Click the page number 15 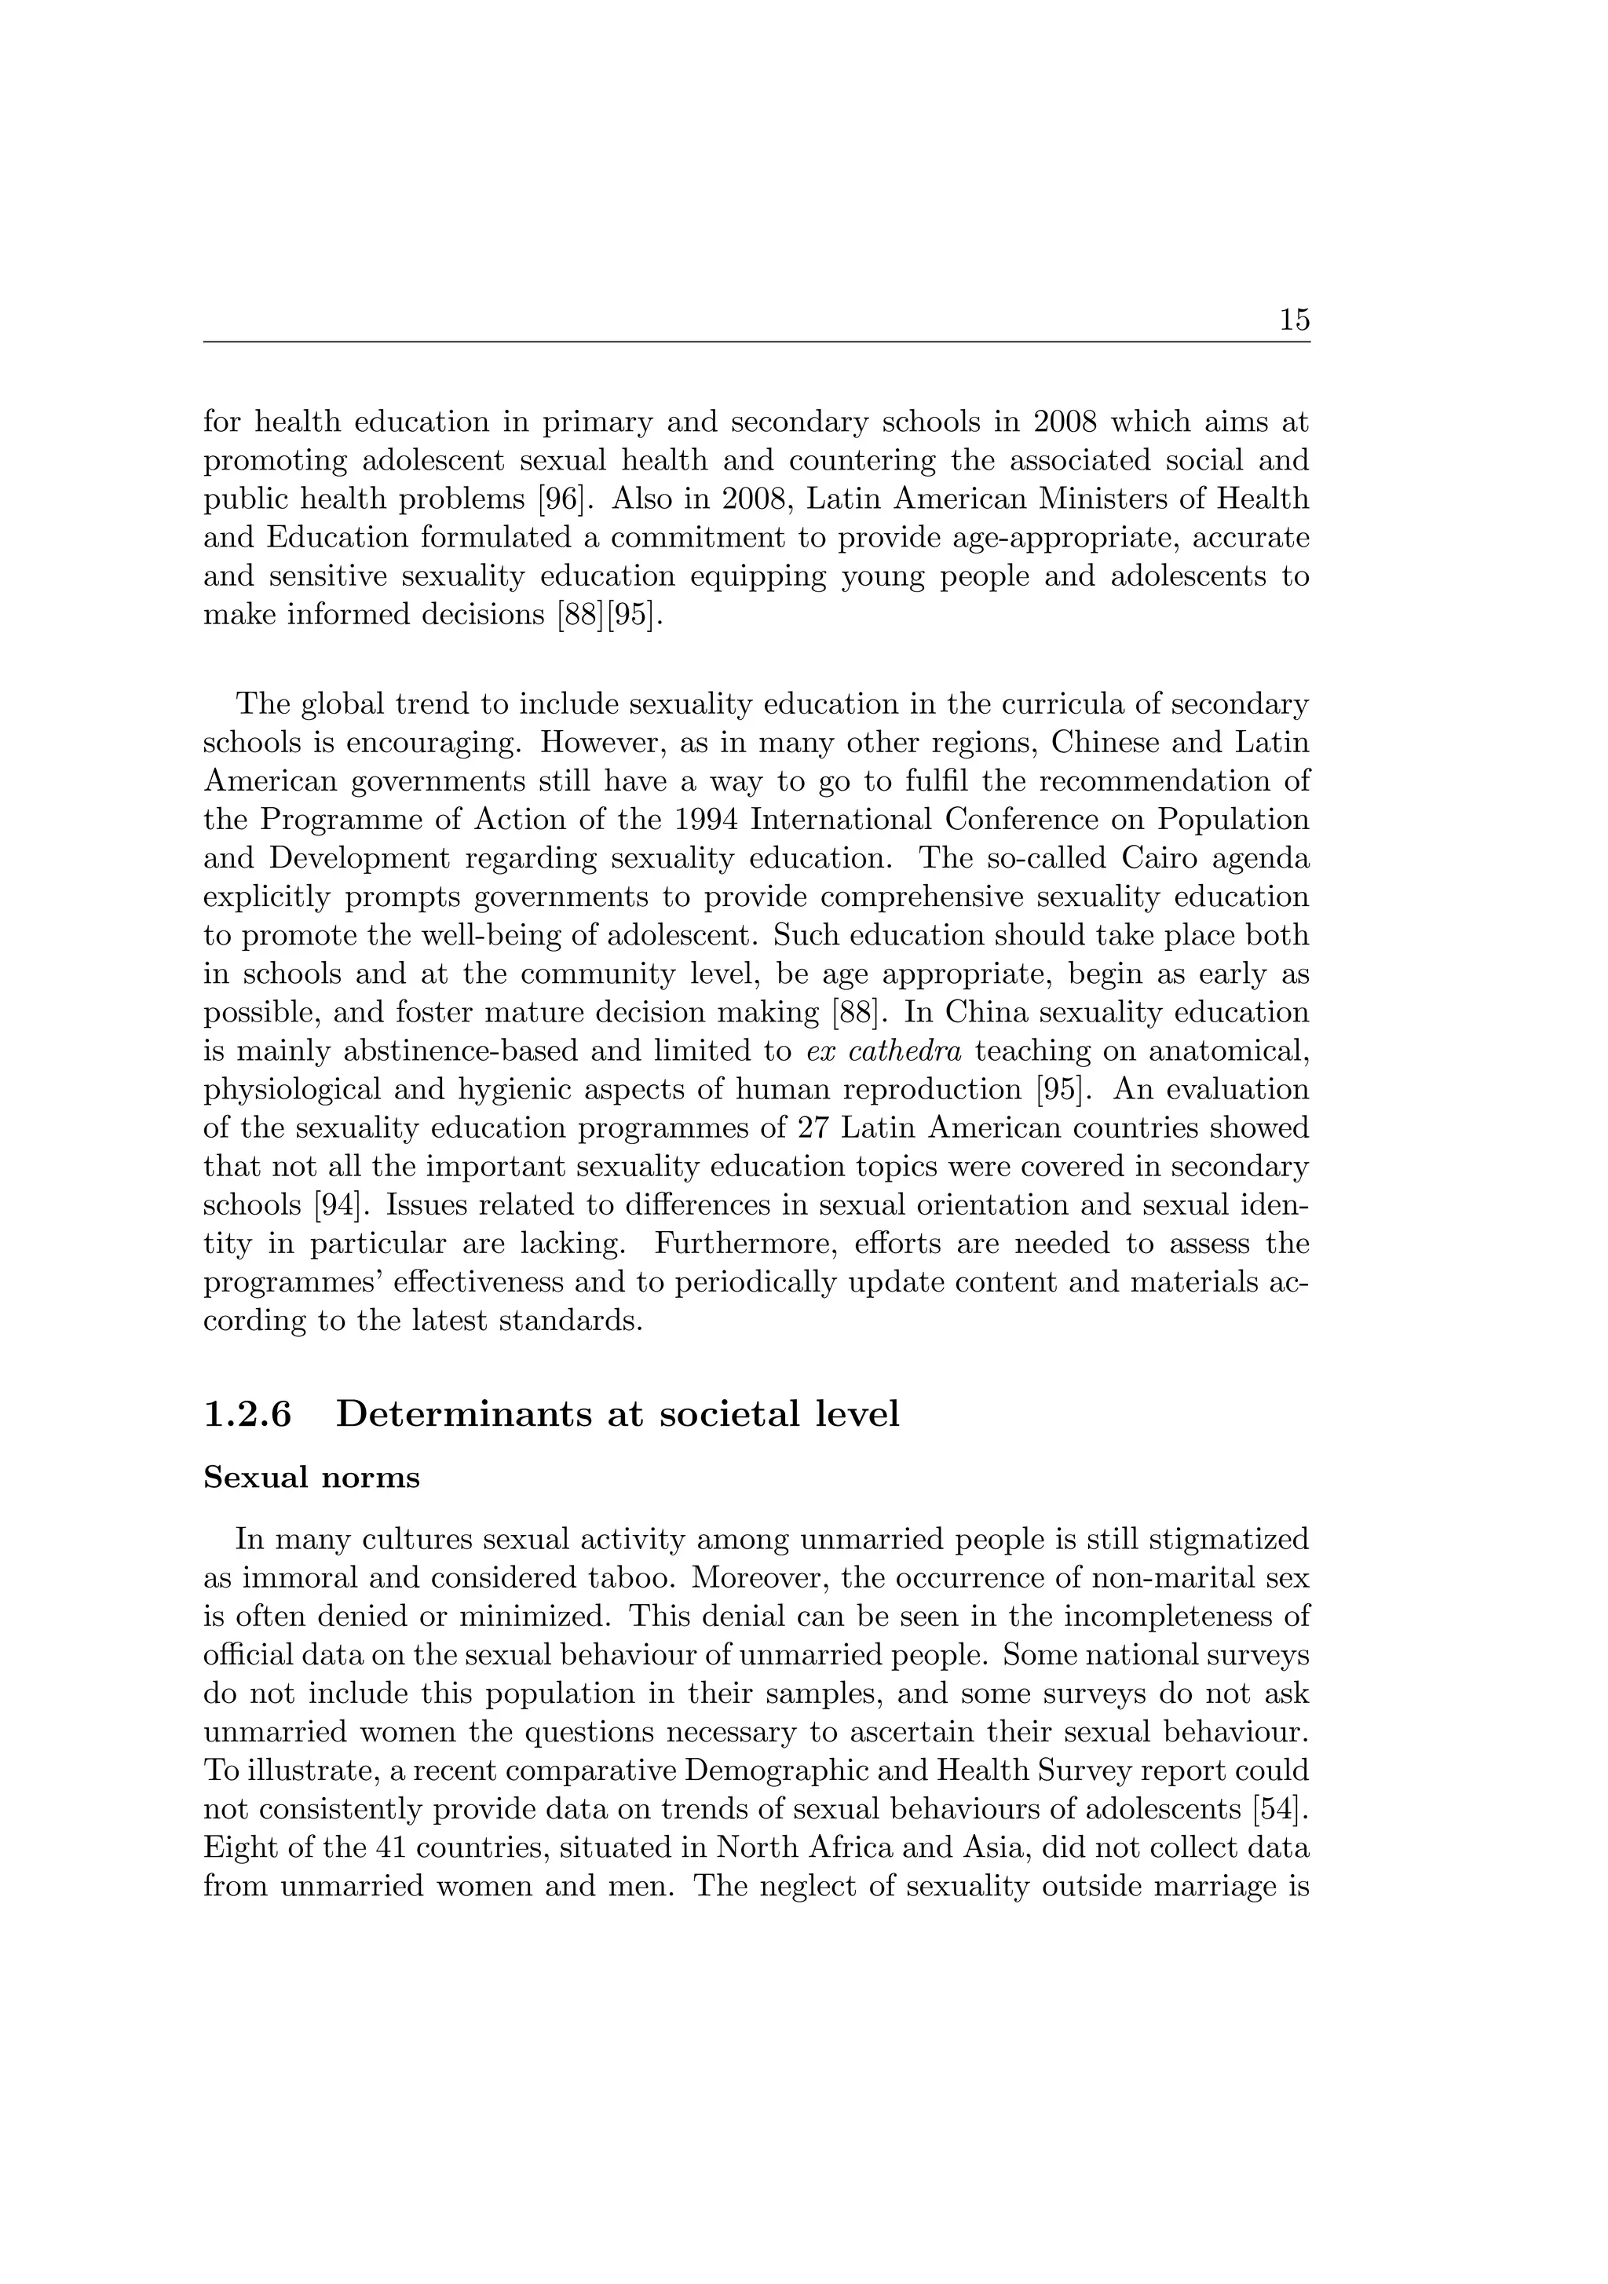pos(1294,320)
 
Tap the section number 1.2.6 pos(247,1413)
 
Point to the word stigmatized pos(1229,1540)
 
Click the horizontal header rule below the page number pos(756,342)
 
